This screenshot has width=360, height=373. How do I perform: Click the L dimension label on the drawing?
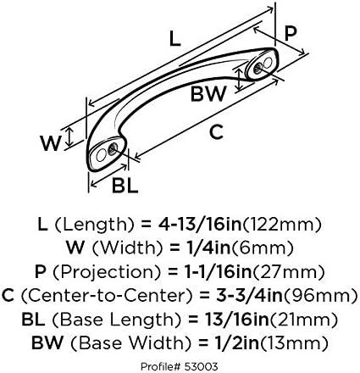[175, 39]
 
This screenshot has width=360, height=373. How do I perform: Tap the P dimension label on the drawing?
[291, 32]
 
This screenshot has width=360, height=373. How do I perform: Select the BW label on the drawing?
[208, 93]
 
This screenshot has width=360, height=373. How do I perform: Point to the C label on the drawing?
[217, 132]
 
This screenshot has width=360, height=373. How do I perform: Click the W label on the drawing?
[51, 143]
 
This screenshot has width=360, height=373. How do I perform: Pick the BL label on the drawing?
[125, 186]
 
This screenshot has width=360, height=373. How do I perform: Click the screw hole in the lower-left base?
[113, 148]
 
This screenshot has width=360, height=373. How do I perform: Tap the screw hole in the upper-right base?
[258, 68]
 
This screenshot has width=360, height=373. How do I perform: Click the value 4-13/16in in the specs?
[200, 225]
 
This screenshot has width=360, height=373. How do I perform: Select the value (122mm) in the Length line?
[282, 225]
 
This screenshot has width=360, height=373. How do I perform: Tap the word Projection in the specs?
[107, 272]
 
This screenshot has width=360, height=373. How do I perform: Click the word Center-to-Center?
[108, 296]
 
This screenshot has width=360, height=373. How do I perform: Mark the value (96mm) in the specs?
[320, 296]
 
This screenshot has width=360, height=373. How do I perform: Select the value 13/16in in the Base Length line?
[236, 320]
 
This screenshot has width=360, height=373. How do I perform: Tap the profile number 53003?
[201, 367]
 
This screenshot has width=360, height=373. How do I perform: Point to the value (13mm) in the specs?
[294, 343]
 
